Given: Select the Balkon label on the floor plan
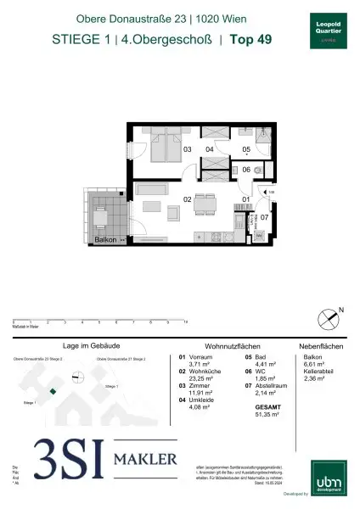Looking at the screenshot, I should pos(106,242).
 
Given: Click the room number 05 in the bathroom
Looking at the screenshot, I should pos(246,149).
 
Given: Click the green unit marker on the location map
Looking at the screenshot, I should pos(53,391).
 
